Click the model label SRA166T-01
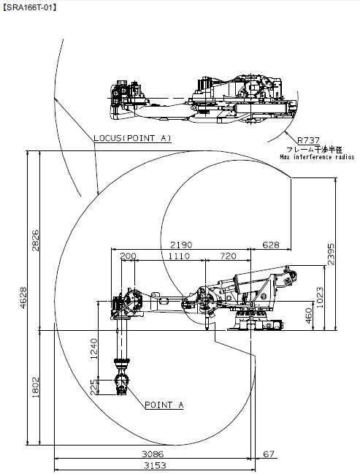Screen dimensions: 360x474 (x=29, y=7)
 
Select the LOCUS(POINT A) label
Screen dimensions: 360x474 (x=132, y=138)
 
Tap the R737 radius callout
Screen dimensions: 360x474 (x=308, y=140)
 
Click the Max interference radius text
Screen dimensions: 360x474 (x=317, y=157)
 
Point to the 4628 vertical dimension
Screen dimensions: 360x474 (x=23, y=298)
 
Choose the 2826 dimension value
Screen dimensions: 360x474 (x=35, y=240)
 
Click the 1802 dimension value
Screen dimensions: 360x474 (x=35, y=387)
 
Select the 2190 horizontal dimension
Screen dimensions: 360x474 (x=181, y=245)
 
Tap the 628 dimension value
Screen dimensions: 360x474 (x=271, y=245)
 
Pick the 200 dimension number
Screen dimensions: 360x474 (x=129, y=256)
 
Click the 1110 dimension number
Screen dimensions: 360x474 (x=179, y=256)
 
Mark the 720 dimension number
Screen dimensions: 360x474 (x=229, y=256)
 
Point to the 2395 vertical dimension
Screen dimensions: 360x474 (x=332, y=254)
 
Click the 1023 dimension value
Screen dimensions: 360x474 (x=320, y=297)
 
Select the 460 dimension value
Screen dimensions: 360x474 (x=309, y=316)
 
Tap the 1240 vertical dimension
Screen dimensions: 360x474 (x=93, y=348)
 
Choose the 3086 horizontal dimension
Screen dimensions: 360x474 (x=153, y=454)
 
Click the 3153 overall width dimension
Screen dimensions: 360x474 (x=155, y=465)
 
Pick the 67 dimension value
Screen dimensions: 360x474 (x=269, y=454)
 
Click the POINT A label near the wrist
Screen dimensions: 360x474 (x=164, y=405)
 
